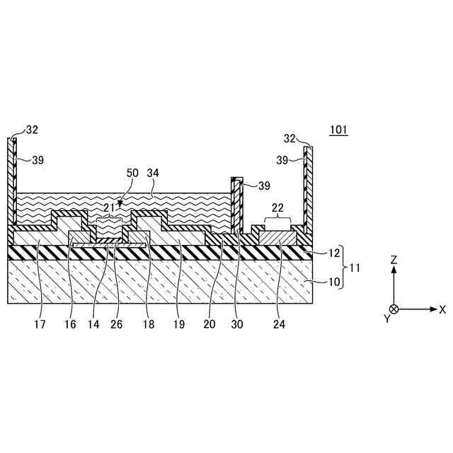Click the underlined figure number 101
[338, 130]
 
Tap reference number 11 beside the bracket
[355, 268]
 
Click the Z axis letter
[394, 260]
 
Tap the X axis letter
[442, 309]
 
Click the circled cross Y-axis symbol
[394, 309]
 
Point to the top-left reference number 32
[32, 130]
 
